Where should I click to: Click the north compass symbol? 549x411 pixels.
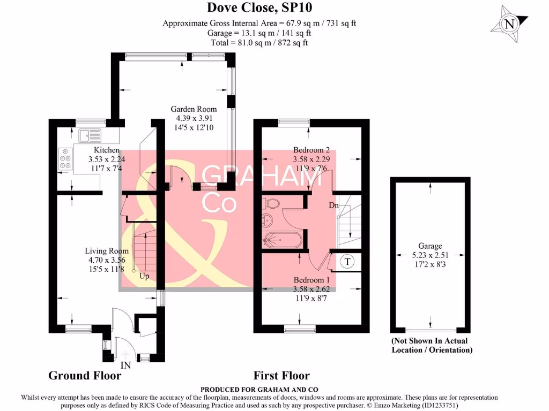coord(509,24)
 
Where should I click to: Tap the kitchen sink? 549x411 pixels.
coord(90,135)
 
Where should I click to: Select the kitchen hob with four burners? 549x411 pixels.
coord(65,158)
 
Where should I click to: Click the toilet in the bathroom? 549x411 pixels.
coord(272,203)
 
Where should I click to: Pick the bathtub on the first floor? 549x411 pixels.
coord(282,240)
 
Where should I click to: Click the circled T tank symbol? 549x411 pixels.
coord(347,261)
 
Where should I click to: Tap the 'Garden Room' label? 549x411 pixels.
coord(194,109)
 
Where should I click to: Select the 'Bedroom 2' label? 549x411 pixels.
coord(311,150)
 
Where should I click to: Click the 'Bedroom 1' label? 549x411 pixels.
coord(311,280)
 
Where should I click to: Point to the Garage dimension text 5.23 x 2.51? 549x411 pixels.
coord(431,255)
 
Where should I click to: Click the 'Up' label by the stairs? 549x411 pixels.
coord(144,276)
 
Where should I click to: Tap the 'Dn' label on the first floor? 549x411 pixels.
coord(333,205)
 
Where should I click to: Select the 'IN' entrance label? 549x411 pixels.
coord(125,366)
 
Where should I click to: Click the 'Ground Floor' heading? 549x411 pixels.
coord(85,376)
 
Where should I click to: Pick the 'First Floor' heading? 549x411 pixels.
coord(282,376)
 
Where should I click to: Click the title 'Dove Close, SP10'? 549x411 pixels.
coord(259,7)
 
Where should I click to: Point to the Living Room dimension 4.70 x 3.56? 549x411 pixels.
coord(107,260)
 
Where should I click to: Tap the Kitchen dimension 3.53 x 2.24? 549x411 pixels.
coord(107,159)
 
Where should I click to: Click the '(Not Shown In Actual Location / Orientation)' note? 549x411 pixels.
coord(432,345)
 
